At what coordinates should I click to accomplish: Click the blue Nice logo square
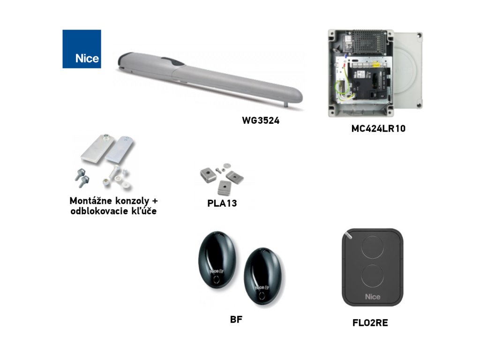coord(82,49)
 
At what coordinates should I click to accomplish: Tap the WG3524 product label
coord(261,120)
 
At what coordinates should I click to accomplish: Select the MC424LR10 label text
coord(378,128)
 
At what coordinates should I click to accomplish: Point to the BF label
coord(236,320)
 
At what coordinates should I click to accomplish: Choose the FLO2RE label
coord(370,322)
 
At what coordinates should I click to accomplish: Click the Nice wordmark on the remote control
coord(373,296)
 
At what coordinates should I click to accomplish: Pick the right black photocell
coord(262,277)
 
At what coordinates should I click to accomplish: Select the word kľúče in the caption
coord(141,211)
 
